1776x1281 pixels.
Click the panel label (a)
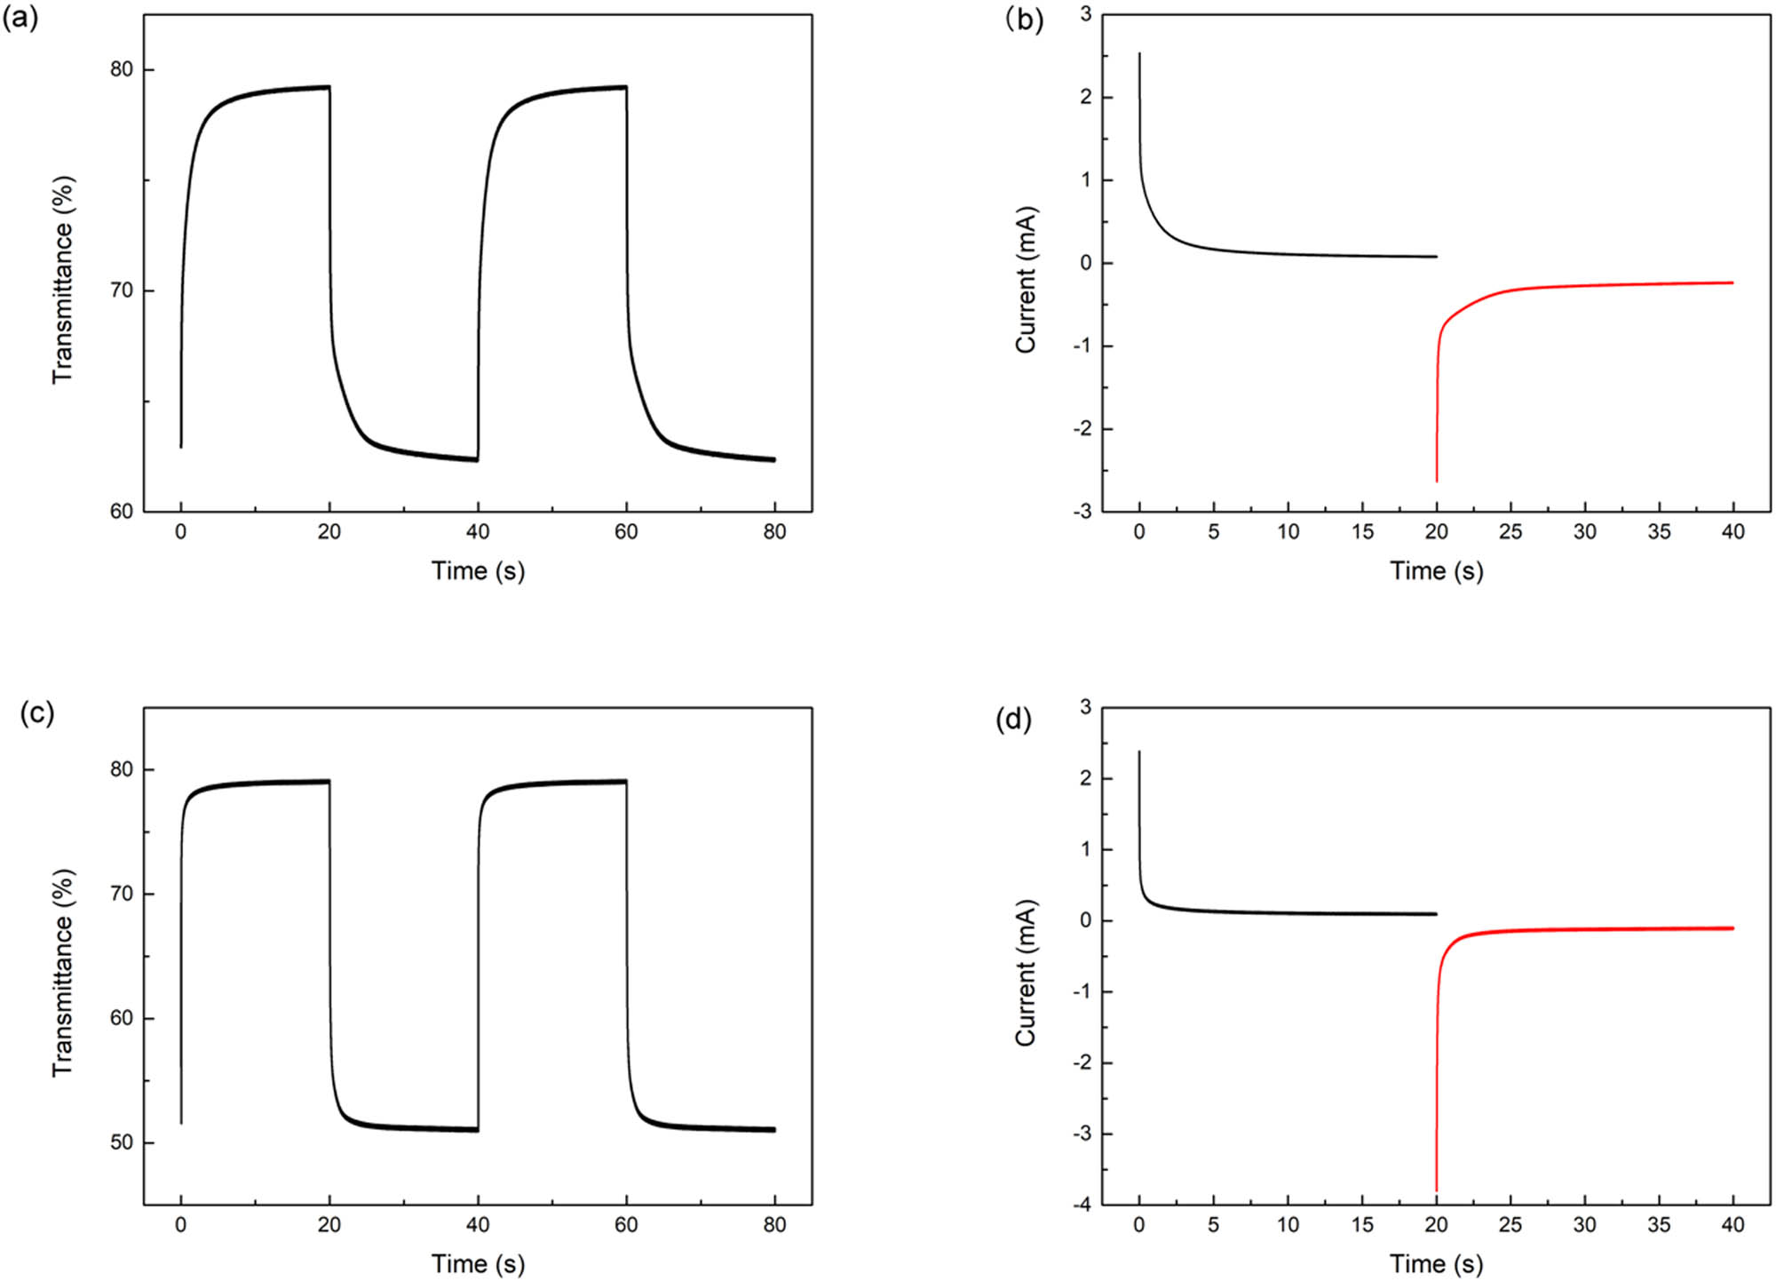click(20, 18)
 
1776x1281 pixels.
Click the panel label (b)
click(1024, 18)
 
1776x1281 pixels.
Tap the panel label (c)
click(37, 712)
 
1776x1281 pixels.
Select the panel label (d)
click(1013, 719)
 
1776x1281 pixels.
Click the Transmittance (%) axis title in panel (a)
click(62, 280)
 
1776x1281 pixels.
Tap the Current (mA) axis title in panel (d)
click(1026, 973)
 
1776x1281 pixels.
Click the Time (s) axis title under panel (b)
click(1436, 571)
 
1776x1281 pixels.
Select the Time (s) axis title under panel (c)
click(478, 1264)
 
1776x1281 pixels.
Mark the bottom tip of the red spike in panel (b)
click(1437, 481)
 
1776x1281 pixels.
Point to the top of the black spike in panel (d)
click(1139, 752)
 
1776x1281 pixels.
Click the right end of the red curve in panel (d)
click(1732, 928)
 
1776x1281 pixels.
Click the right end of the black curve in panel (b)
click(1436, 257)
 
